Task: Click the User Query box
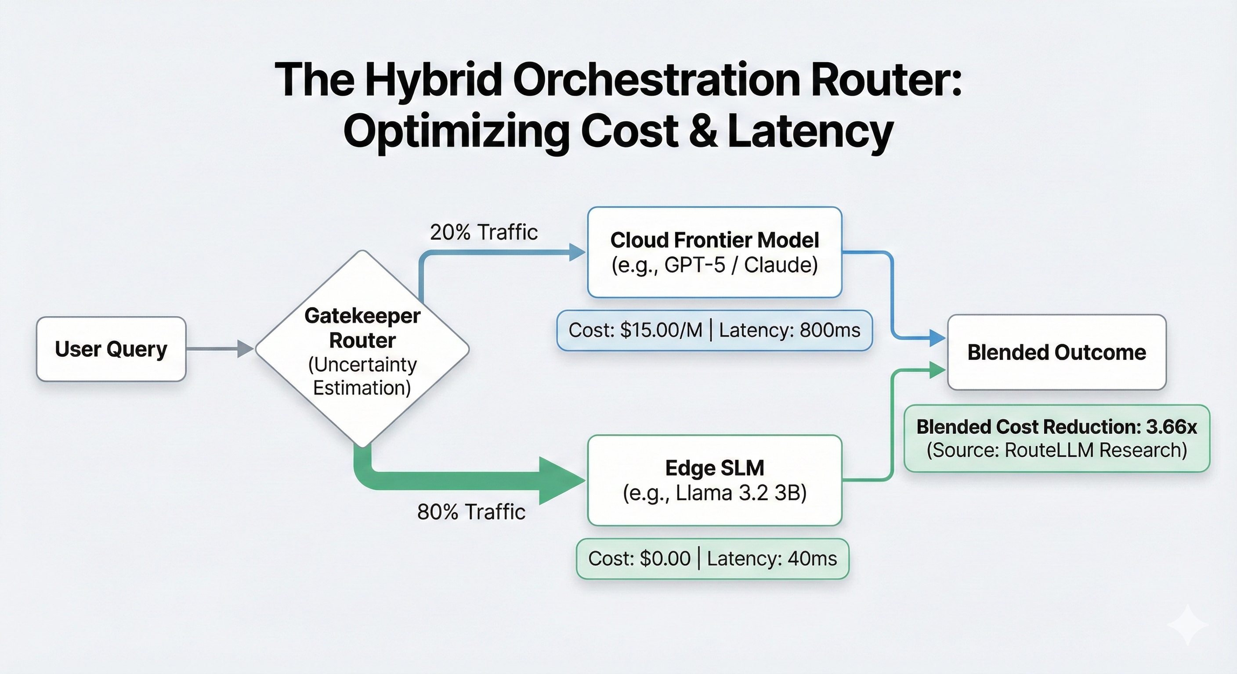[111, 349]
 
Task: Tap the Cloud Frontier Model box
[715, 252]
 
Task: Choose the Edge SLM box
[715, 480]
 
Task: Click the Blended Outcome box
[1056, 352]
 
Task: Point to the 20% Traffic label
[484, 233]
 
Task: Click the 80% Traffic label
[471, 512]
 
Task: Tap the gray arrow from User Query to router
[218, 349]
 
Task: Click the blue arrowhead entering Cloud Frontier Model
[577, 252]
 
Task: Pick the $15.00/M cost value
[661, 330]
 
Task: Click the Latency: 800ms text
[789, 330]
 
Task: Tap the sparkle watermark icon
[1187, 624]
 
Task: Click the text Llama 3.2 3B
[741, 493]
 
